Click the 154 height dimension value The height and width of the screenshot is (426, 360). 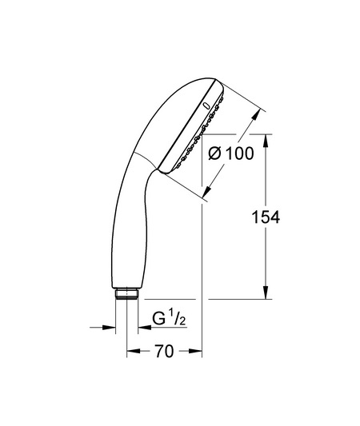point(266,217)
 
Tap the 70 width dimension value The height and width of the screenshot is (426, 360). point(164,351)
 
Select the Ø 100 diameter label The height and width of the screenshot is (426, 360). point(231,153)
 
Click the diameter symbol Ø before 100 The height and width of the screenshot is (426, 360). point(215,153)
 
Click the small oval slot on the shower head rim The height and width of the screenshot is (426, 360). point(206,106)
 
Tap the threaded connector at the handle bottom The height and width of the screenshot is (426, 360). point(126,293)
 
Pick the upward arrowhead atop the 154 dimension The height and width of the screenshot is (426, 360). point(266,141)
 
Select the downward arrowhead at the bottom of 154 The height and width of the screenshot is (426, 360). point(266,293)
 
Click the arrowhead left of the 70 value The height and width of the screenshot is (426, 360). point(134,351)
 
